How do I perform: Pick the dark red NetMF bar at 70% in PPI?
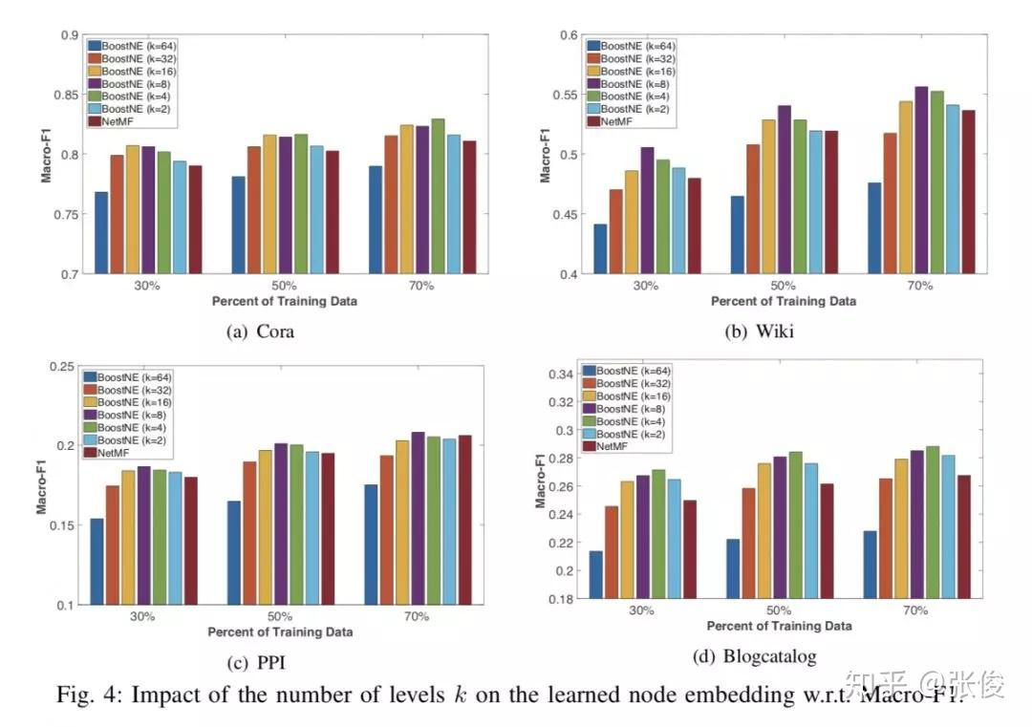tap(465, 520)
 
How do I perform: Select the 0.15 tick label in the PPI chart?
tap(63, 525)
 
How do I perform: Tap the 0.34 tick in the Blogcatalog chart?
tap(564, 374)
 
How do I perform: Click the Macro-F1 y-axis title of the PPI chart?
tap(42, 484)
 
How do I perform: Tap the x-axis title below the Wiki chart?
tap(783, 300)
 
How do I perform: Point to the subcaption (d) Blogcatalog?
tap(755, 656)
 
